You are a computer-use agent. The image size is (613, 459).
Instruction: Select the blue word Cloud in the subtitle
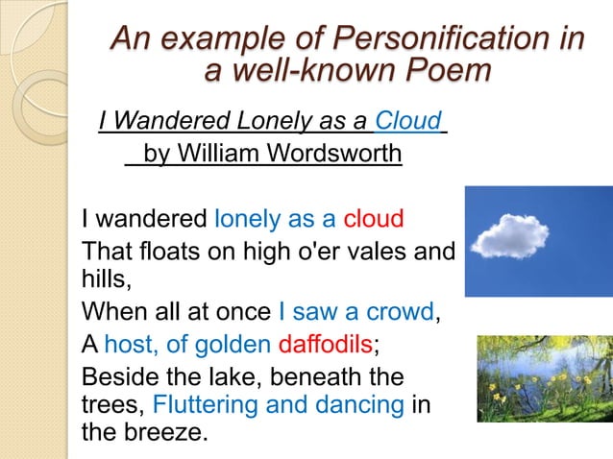[408, 122]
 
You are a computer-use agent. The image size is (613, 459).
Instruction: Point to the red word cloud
[374, 218]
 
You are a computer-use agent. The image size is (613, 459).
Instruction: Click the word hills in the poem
[103, 280]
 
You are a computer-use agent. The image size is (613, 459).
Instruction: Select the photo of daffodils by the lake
[544, 378]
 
